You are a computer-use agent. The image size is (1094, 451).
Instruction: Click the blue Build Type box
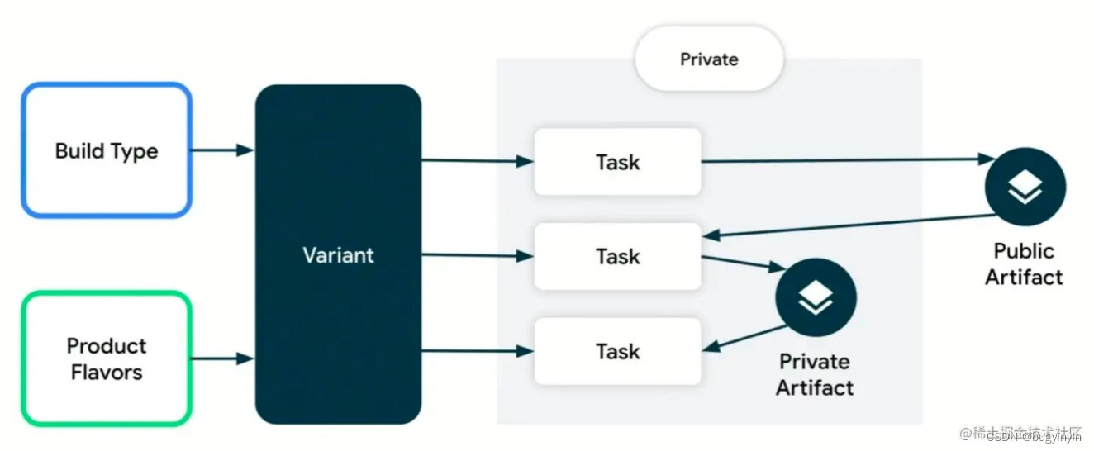coord(107,150)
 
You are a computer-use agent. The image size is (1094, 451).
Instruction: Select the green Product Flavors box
coord(107,358)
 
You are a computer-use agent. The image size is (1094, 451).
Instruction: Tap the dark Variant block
coord(338,254)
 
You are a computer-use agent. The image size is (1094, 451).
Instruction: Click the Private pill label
coord(709,59)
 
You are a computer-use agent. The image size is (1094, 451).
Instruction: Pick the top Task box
coord(617,162)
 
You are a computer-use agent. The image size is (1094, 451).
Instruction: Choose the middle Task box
coord(617,256)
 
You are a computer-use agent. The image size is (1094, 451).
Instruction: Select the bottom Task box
coord(617,351)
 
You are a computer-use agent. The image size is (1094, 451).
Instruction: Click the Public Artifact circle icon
coord(1025,188)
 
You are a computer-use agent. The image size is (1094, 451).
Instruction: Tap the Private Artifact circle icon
coord(816,298)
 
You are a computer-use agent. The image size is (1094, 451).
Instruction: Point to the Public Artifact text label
coord(1024,263)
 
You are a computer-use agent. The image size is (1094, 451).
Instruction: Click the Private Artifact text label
coord(815,374)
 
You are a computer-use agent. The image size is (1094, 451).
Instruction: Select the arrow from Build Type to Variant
coord(221,150)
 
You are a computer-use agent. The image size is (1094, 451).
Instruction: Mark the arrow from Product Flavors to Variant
coord(221,358)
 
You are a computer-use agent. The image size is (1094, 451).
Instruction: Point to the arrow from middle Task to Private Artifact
coord(742,263)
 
